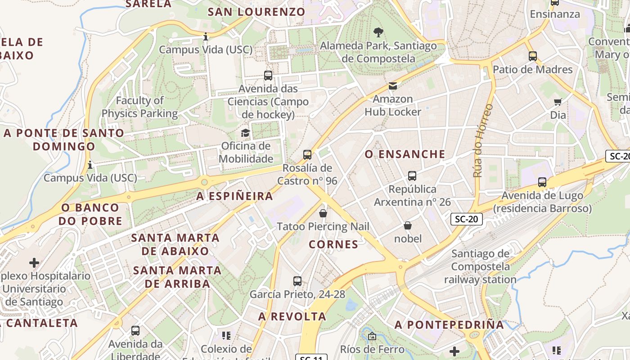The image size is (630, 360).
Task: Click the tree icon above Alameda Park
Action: pos(378,32)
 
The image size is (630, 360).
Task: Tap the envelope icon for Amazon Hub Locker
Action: pos(393,85)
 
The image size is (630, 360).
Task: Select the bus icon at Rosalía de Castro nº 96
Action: pos(307,155)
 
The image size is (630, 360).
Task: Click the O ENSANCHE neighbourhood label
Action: pos(405,154)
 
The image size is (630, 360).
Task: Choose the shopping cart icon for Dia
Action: pos(558,102)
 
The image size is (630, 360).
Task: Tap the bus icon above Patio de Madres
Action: pos(533,56)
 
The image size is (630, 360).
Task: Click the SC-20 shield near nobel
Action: pos(466,220)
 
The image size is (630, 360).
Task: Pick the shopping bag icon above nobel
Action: pos(408,225)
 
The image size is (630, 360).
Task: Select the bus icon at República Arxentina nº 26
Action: pos(412,176)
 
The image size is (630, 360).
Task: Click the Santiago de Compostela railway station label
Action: pos(480,266)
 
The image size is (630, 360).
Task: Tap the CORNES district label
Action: pos(333,244)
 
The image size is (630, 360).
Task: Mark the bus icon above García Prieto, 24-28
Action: pos(297,281)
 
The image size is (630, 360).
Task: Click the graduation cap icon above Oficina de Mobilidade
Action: pos(245,133)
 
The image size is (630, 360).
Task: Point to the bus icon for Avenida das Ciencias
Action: pos(268,76)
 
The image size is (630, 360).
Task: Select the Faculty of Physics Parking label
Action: pos(139,107)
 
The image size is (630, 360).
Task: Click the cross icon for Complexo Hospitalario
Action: pos(34,262)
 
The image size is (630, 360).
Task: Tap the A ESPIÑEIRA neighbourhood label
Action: pos(235,196)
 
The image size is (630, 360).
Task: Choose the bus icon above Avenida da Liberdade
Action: pos(135,331)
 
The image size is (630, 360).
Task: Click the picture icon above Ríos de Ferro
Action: pos(372,336)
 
